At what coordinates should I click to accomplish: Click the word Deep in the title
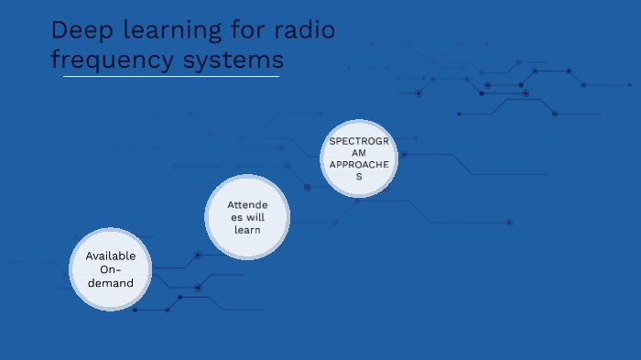click(78, 30)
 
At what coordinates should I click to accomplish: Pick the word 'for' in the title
click(243, 30)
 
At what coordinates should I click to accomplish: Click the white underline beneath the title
click(171, 77)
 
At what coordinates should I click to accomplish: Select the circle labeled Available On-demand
click(111, 269)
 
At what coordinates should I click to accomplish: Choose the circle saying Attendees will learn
click(246, 217)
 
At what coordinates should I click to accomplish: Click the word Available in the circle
click(111, 256)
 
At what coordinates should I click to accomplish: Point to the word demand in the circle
click(111, 283)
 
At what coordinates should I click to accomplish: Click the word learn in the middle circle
click(247, 230)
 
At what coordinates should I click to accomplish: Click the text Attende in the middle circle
click(247, 204)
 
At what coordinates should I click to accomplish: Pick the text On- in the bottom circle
click(111, 269)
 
